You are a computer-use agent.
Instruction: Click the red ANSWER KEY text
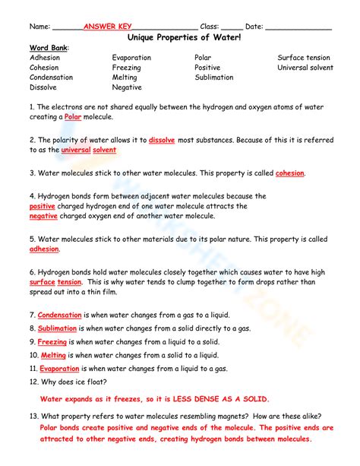click(107, 26)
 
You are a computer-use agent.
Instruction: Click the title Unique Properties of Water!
click(180, 36)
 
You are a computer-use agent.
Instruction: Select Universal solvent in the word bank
click(305, 68)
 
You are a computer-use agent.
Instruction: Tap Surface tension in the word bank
click(304, 58)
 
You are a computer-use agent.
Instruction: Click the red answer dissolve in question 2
click(163, 141)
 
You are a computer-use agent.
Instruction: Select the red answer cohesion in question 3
click(289, 173)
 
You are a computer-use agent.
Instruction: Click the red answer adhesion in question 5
click(44, 249)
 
